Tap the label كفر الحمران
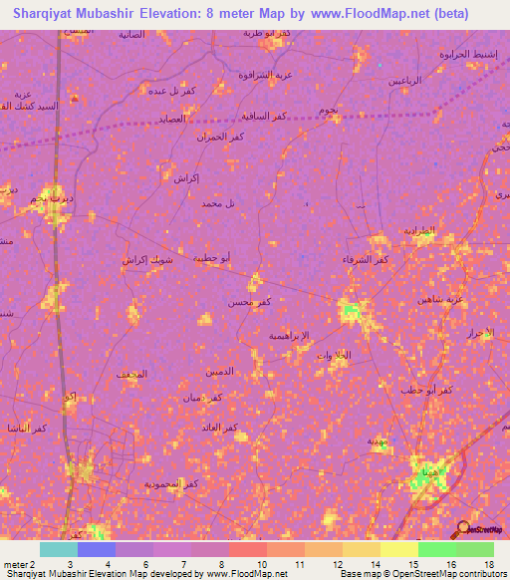pos(218,136)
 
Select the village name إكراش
pos(186,179)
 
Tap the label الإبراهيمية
pos(291,336)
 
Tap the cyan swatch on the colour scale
pos(58,549)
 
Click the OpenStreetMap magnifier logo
pos(462,527)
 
